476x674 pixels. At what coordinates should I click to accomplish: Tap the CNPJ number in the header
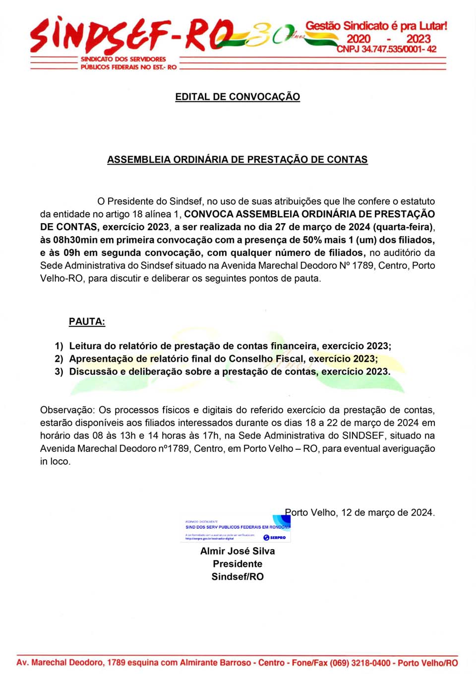pos(386,49)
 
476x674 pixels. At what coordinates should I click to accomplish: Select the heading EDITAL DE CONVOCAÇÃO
pos(238,97)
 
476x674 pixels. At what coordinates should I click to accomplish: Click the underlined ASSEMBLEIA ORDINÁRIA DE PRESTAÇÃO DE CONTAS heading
pos(238,160)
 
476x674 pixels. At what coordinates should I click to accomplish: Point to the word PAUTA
pos(87,321)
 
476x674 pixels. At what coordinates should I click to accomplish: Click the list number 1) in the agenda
pos(59,346)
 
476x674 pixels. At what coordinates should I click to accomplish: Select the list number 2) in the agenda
pos(59,359)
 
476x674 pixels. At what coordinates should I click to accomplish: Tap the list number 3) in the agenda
pos(59,371)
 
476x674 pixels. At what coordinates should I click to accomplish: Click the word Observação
pos(66,410)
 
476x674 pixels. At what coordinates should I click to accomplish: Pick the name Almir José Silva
pos(238,551)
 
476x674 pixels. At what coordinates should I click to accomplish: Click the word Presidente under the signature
pos(238,564)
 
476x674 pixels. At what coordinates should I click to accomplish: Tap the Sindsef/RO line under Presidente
pos(238,577)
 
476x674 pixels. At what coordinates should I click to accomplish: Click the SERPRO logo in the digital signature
pos(275,538)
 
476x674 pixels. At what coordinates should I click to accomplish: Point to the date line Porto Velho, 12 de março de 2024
pos(360,512)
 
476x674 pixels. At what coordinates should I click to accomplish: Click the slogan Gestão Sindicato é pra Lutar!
pos(376,26)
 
